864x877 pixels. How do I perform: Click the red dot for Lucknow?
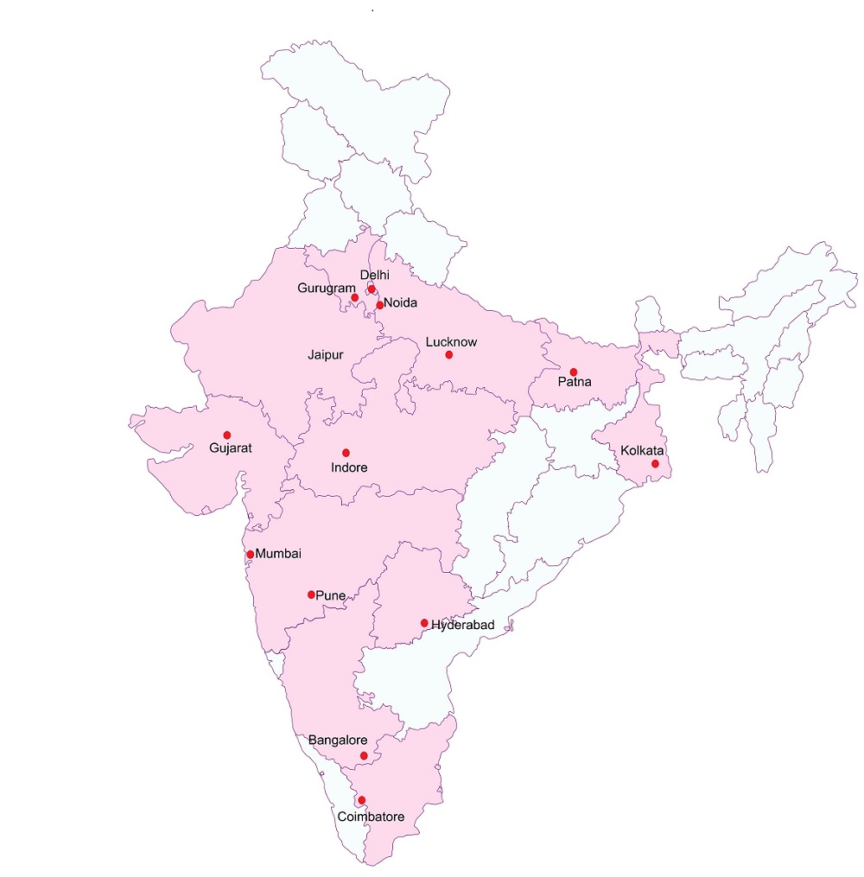(x=448, y=355)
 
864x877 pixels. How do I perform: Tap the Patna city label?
(x=575, y=381)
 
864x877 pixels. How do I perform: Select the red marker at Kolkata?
(x=655, y=464)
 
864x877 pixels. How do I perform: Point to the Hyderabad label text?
(x=463, y=624)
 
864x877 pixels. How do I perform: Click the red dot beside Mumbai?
(x=251, y=555)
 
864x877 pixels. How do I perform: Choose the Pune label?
(x=331, y=595)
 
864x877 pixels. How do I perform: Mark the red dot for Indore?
(x=346, y=453)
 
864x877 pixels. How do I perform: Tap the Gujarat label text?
(x=230, y=448)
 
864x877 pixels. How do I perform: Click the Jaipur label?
(x=326, y=355)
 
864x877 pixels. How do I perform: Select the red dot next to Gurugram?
(x=354, y=297)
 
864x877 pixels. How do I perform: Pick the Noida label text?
(x=401, y=303)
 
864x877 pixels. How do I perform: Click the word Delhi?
(x=375, y=275)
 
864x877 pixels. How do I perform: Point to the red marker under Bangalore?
(x=364, y=756)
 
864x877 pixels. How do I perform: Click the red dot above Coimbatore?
(x=361, y=800)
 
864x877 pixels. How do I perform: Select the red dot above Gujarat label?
(x=227, y=435)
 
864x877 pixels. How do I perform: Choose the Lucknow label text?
(x=451, y=342)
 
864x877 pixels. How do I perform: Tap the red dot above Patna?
(x=573, y=372)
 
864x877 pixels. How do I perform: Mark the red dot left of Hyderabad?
(x=424, y=623)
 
